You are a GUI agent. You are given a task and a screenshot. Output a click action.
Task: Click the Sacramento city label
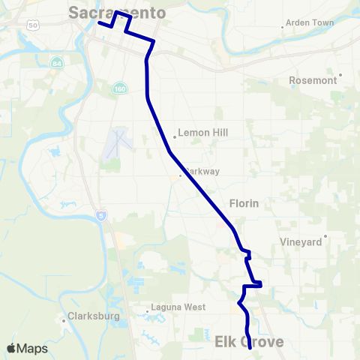[116, 12]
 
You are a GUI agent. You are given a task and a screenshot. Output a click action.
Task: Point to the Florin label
[244, 202]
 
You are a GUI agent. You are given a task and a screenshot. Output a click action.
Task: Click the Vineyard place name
[300, 241]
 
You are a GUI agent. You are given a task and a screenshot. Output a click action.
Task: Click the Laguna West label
[178, 307]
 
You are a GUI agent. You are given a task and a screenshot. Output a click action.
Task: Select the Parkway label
[202, 171]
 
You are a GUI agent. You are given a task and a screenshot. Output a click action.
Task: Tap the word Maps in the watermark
[34, 349]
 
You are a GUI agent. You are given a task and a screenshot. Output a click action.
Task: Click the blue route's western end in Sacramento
[99, 22]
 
